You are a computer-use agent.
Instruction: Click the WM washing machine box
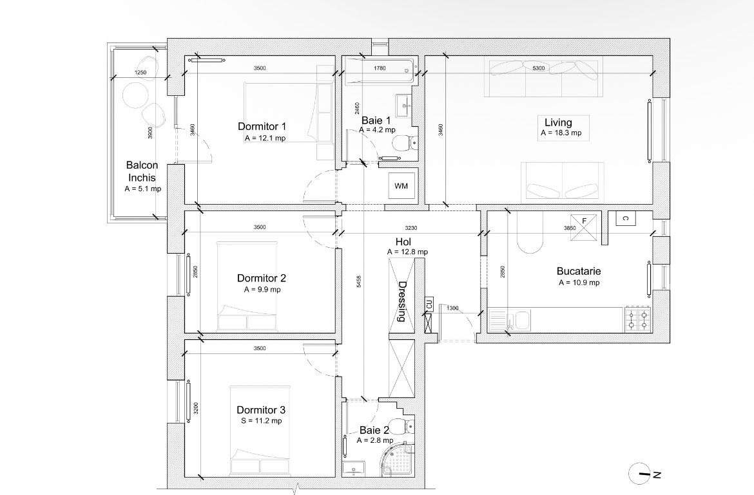(x=401, y=187)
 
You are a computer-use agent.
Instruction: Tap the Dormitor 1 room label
(x=262, y=127)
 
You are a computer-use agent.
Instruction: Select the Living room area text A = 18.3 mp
(x=561, y=133)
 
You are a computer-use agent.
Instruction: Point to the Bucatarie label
(x=579, y=272)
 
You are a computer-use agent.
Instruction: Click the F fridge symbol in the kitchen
(x=584, y=227)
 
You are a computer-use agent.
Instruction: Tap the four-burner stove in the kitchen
(x=638, y=320)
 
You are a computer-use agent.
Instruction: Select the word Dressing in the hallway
(x=403, y=301)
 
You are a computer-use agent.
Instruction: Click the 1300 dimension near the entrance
(x=453, y=308)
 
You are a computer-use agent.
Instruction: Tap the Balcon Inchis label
(x=142, y=171)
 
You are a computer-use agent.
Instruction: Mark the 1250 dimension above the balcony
(x=140, y=73)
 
